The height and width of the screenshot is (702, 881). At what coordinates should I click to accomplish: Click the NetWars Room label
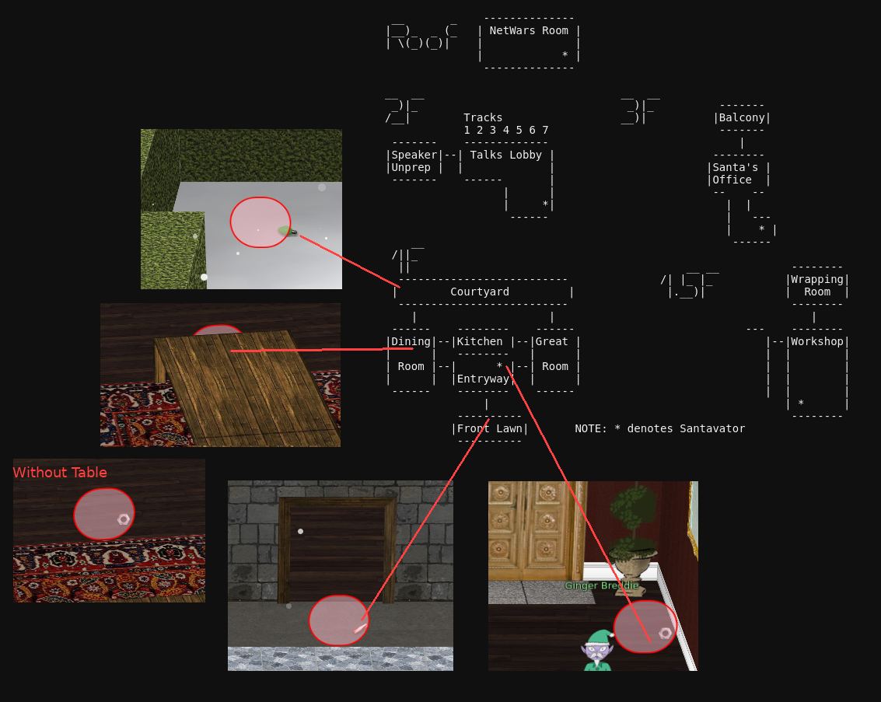(529, 31)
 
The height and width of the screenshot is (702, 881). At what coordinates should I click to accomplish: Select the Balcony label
(742, 118)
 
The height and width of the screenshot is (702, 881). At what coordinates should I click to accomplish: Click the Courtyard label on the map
(479, 292)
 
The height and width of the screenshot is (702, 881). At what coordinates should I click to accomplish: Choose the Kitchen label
(479, 341)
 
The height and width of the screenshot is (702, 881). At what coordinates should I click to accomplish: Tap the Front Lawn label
(489, 428)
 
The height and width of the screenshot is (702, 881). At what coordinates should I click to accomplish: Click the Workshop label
(817, 341)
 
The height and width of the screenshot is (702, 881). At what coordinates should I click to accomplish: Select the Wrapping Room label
(817, 286)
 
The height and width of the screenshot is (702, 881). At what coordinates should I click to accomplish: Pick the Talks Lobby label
(505, 155)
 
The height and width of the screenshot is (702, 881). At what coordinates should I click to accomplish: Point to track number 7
(545, 131)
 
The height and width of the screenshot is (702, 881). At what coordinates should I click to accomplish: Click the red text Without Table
(60, 473)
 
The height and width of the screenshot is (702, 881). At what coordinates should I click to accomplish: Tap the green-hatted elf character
(597, 651)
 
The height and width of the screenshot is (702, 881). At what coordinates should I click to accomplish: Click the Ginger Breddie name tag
(602, 585)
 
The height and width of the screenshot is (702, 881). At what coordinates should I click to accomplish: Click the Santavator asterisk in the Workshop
(801, 403)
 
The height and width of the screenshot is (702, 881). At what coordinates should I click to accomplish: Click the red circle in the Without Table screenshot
(104, 514)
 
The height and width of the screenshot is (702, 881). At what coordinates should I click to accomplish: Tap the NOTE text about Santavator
(659, 428)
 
